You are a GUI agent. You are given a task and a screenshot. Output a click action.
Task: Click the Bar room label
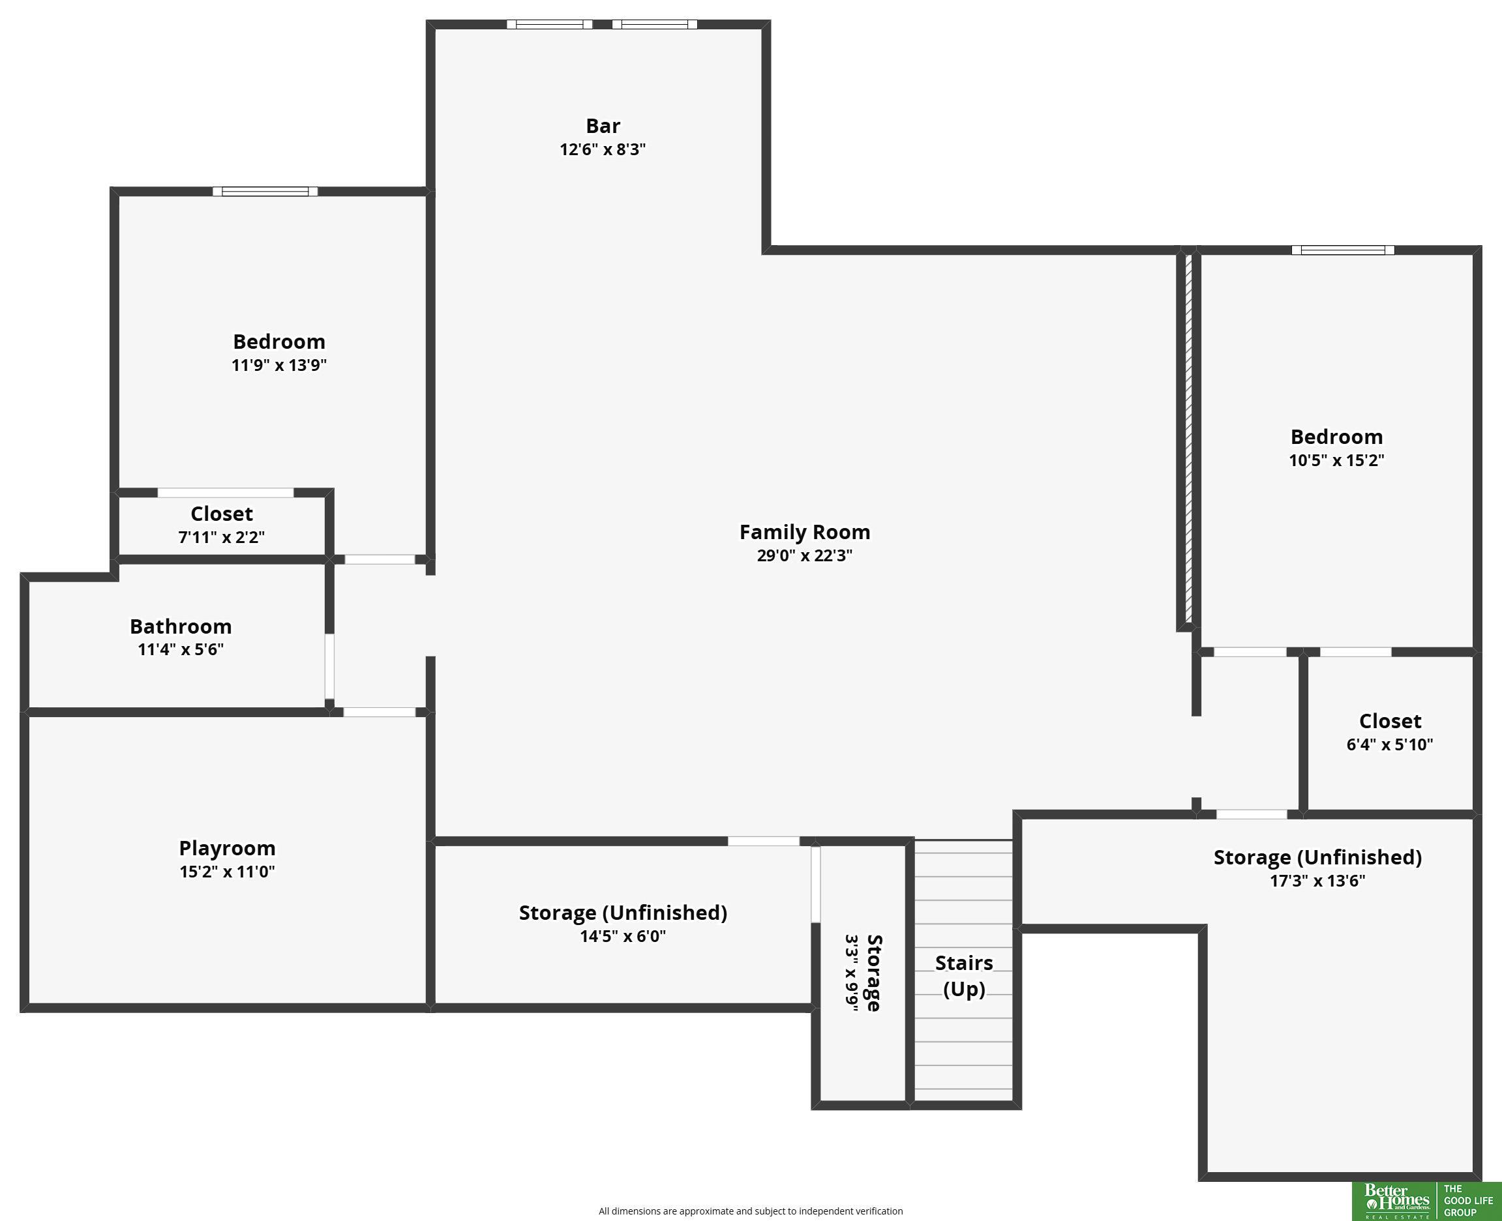click(603, 126)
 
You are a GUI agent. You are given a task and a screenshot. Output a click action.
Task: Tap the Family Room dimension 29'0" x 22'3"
click(804, 555)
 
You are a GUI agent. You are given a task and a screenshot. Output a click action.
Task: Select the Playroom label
click(226, 848)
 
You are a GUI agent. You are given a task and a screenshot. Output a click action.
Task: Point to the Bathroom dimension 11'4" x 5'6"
click(181, 649)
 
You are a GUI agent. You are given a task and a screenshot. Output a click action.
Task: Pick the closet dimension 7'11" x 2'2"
click(222, 537)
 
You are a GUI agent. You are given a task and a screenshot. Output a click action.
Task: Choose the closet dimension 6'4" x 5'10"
click(1389, 745)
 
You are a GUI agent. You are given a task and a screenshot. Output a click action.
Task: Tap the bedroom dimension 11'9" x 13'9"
click(278, 365)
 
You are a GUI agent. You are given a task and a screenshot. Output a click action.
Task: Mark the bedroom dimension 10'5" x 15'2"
click(1336, 461)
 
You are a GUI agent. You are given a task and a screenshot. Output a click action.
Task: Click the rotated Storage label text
click(874, 973)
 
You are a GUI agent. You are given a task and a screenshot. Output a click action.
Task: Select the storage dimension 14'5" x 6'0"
click(623, 936)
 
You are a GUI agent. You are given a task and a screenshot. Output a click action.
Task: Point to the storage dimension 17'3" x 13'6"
click(1317, 881)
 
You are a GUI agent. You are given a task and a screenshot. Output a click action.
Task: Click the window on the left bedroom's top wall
click(265, 191)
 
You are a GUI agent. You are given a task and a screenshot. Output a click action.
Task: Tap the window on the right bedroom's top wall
click(1342, 250)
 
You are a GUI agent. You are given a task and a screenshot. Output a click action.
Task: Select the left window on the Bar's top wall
click(549, 25)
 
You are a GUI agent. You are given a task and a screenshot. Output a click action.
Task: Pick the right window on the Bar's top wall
click(654, 25)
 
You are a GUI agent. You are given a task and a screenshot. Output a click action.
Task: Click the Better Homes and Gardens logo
click(1396, 1201)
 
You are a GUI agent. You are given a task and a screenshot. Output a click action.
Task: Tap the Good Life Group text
click(1468, 1201)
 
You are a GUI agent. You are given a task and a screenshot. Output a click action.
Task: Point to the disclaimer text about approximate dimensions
click(750, 1211)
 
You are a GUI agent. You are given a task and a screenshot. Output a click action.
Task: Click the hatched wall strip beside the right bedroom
click(1188, 439)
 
